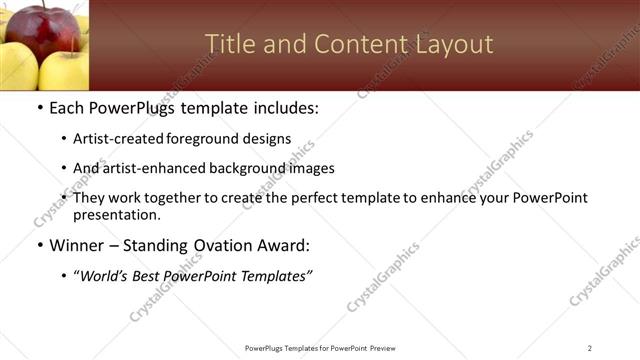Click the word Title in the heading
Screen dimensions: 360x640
click(229, 44)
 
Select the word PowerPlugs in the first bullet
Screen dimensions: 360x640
click(136, 108)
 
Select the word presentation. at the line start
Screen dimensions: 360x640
click(116, 214)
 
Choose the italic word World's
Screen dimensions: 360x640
click(106, 275)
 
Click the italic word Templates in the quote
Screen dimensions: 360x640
click(273, 275)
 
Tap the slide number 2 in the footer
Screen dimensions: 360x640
click(590, 348)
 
